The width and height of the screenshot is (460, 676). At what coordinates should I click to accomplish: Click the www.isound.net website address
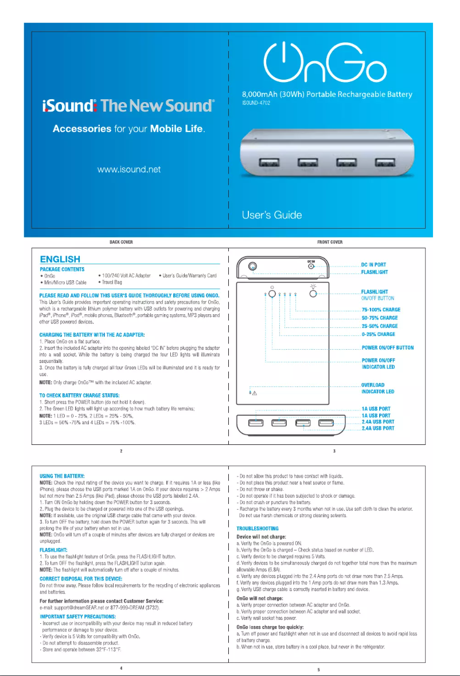pos(129,169)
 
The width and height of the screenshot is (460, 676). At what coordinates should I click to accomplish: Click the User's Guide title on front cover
pos(272,216)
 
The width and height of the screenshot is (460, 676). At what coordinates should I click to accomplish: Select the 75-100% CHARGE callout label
pos(380,310)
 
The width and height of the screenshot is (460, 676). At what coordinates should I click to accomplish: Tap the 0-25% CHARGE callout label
pos(378,334)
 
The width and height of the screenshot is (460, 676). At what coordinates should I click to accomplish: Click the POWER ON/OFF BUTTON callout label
pos(387,347)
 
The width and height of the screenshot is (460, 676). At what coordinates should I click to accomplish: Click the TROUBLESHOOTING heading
pos(258,528)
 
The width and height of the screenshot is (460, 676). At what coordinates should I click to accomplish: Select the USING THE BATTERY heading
pos(62,476)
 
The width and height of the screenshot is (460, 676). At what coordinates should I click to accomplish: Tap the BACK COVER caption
pos(121,243)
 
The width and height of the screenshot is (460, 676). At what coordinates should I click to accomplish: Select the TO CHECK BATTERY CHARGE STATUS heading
pos(79,396)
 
